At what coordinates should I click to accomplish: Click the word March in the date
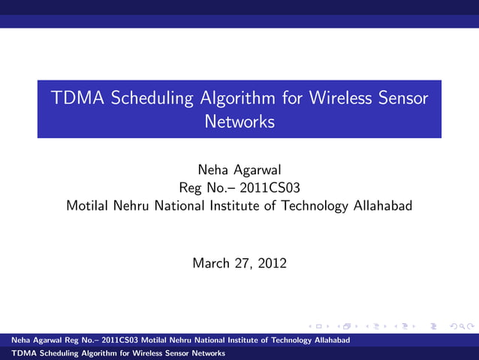tap(211, 263)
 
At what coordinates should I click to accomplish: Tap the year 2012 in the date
tap(272, 263)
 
